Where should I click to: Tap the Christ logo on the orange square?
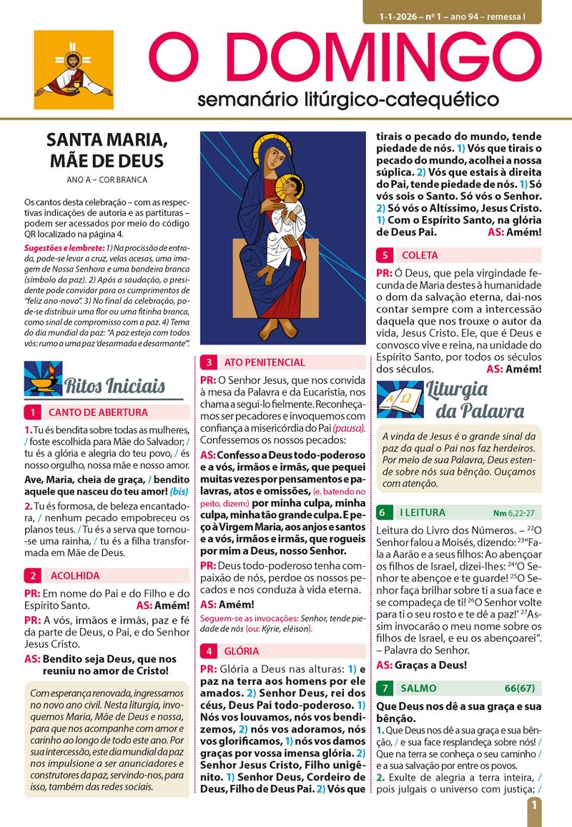tap(74, 70)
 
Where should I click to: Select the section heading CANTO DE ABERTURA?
tap(98, 412)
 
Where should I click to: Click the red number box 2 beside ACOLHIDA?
tap(33, 576)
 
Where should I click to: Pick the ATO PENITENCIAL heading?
tap(264, 362)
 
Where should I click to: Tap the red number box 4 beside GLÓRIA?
tap(209, 651)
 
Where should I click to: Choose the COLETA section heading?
tap(420, 255)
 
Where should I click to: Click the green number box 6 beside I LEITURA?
tap(384, 512)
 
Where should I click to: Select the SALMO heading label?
tap(418, 688)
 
